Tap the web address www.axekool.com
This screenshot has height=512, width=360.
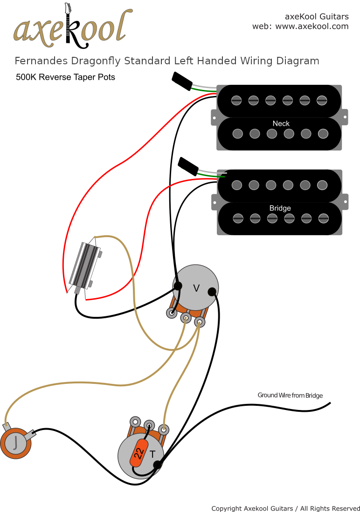coord(312,27)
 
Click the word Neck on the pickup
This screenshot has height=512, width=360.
coord(281,123)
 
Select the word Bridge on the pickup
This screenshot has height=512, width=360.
coord(280,208)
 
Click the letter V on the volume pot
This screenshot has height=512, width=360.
coord(196,288)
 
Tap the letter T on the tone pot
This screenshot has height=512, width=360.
coord(152,453)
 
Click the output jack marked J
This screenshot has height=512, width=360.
coord(16,443)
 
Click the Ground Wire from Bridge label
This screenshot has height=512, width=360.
coord(290,396)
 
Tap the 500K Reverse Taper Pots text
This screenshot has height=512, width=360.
coord(65,77)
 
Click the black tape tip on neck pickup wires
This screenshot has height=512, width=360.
coord(182,81)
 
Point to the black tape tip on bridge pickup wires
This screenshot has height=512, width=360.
coord(188,166)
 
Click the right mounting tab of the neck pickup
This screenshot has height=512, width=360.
coord(345,117)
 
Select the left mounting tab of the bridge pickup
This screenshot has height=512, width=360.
coord(214,202)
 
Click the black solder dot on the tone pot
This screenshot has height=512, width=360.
coord(158,464)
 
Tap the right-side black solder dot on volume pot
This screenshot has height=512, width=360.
coord(212,292)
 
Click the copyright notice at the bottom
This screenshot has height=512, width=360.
coord(285,508)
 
